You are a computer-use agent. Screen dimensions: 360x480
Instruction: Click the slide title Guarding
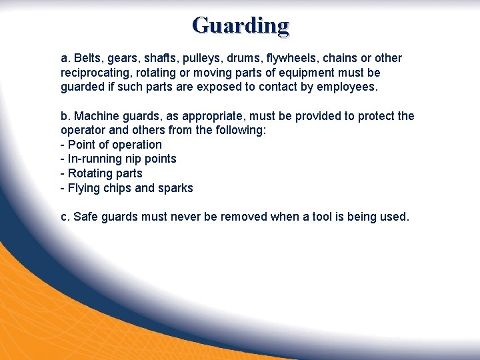coord(240,26)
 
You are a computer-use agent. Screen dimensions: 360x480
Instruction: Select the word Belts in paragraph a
coord(87,58)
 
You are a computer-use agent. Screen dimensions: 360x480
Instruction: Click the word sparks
coord(175,188)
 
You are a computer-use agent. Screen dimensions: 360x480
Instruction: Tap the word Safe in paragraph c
coord(87,217)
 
